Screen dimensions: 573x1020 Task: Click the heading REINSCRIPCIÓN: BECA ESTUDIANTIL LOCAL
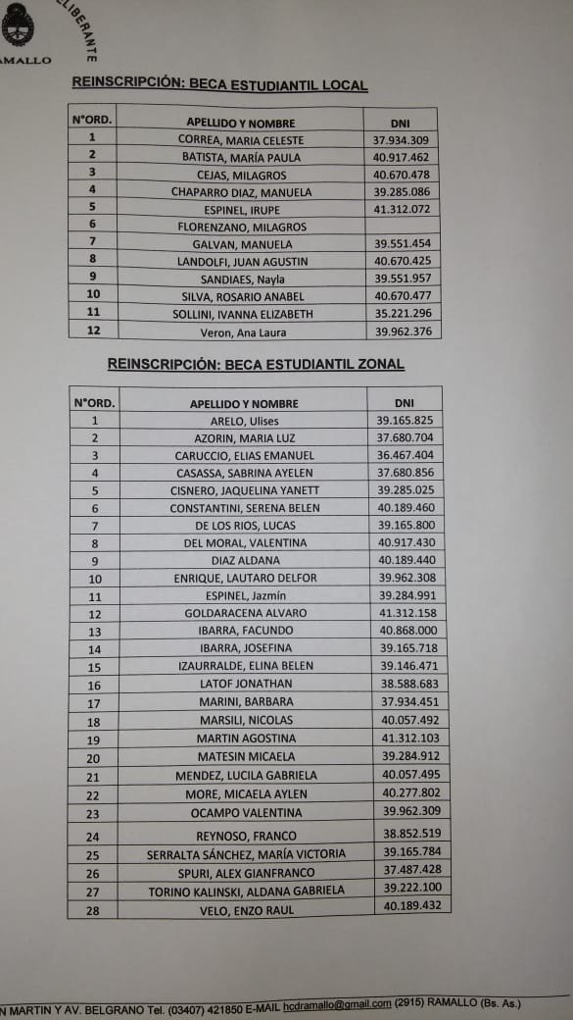pos(219,84)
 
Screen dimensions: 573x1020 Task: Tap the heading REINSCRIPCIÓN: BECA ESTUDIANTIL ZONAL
pos(242,364)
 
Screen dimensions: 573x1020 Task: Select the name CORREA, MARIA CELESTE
pos(241,140)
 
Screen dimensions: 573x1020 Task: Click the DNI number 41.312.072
pos(402,209)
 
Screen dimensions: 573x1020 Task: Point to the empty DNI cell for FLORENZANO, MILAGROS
pos(402,227)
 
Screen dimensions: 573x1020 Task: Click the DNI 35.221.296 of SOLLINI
pos(402,314)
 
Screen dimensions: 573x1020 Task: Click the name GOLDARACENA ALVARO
pos(245,613)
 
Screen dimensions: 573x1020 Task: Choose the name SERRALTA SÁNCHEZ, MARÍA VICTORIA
pos(246,854)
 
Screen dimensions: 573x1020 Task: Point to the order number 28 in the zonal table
pos(94,910)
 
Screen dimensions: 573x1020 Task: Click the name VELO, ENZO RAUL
pos(246,910)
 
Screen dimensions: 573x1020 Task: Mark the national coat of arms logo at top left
pos(17,25)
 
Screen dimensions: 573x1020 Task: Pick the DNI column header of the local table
pos(400,122)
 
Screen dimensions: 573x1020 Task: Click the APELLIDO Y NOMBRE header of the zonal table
pos(244,403)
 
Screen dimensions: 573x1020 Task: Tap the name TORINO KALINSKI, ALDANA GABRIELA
pos(246,892)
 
